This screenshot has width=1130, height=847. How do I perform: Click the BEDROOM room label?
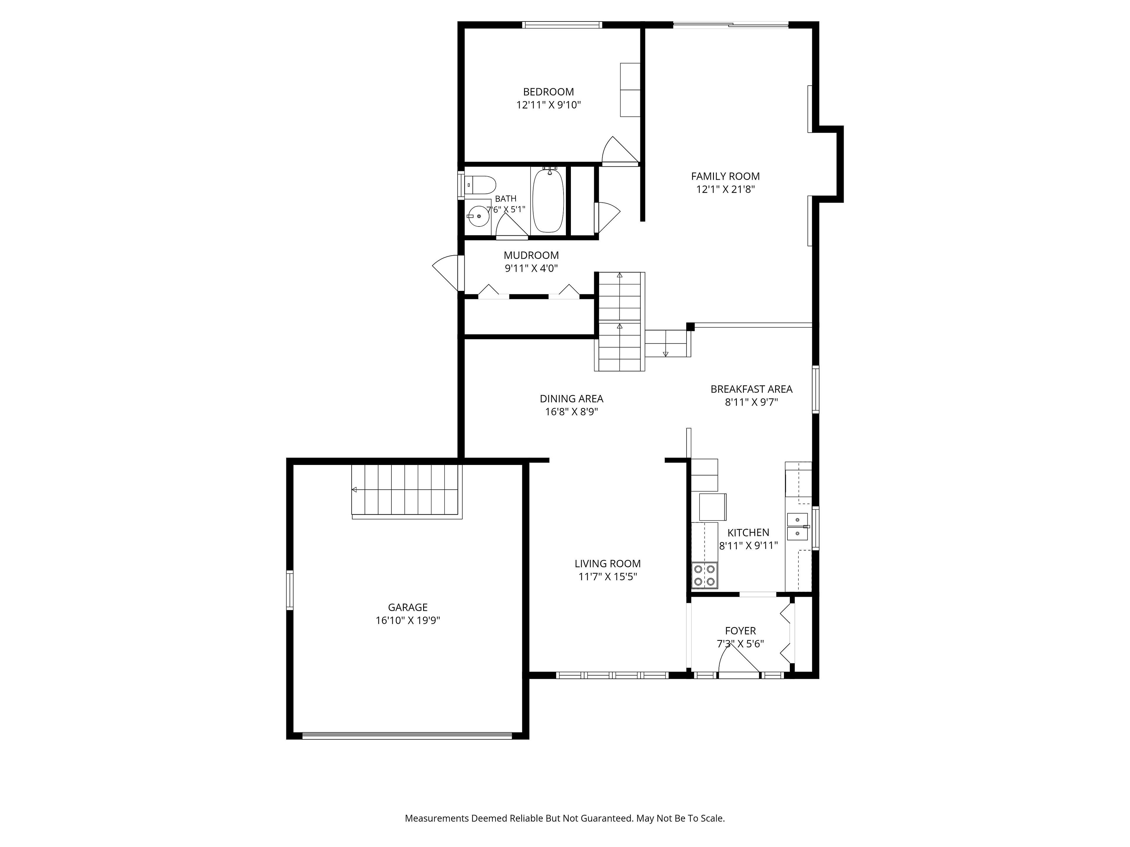pos(548,92)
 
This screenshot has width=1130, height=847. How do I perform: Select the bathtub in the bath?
pos(548,200)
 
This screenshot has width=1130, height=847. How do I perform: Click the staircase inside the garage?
pos(407,491)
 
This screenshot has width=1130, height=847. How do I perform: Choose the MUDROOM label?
pos(531,255)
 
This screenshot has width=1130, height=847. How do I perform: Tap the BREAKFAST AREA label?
pos(752,389)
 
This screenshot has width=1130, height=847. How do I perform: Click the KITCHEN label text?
pos(748,533)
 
